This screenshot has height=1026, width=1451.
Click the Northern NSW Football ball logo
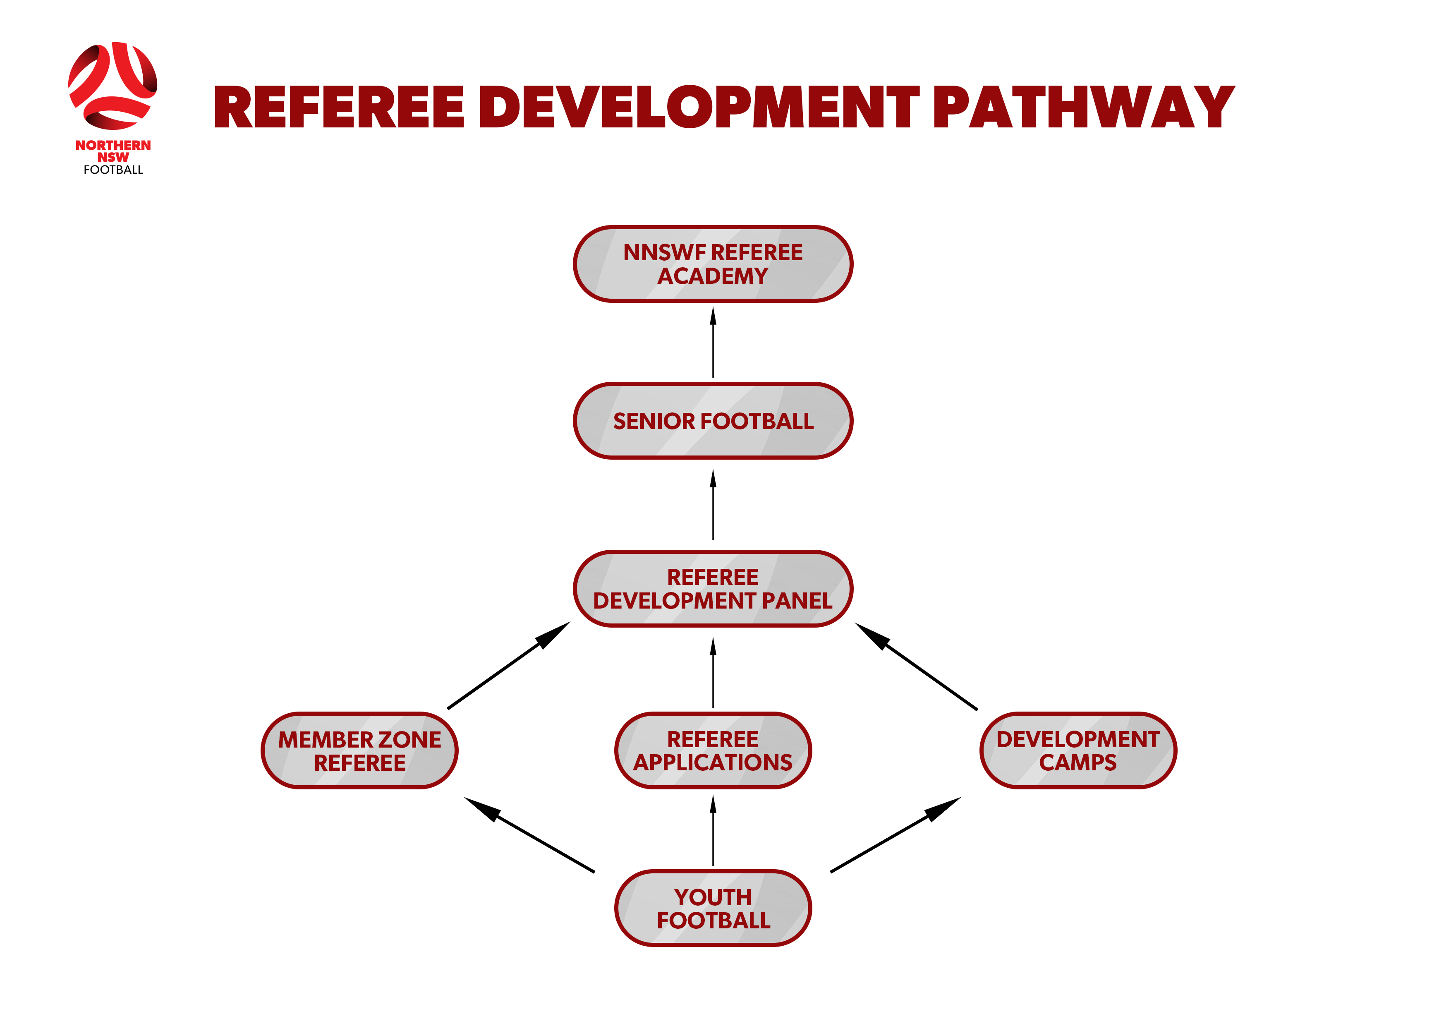(113, 86)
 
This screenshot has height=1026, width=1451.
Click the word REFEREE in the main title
(339, 108)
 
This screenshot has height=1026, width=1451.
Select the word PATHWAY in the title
(1083, 108)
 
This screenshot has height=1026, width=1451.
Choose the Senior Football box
(713, 421)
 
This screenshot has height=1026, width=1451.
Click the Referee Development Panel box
(713, 589)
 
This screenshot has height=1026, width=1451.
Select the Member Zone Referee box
(359, 751)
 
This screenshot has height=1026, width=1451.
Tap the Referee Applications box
(713, 751)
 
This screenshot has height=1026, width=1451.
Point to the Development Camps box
(1078, 751)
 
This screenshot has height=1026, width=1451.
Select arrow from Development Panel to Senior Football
(713, 505)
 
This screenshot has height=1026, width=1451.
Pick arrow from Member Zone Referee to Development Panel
(509, 666)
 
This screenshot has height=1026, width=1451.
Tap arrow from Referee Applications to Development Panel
(713, 673)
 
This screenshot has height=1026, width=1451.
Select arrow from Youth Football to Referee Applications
(713, 831)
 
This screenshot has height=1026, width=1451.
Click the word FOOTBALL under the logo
(113, 170)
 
